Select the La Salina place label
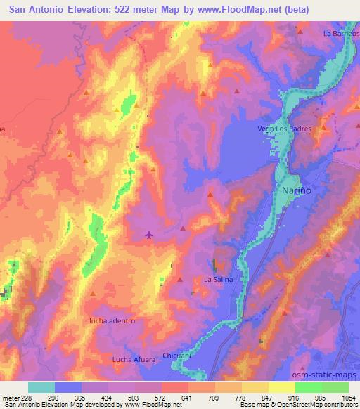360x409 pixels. tap(218, 279)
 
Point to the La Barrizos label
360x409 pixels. tap(341, 33)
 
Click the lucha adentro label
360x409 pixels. tap(111, 320)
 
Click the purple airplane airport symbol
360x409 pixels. tap(149, 235)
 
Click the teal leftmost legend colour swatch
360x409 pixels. tap(41, 387)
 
